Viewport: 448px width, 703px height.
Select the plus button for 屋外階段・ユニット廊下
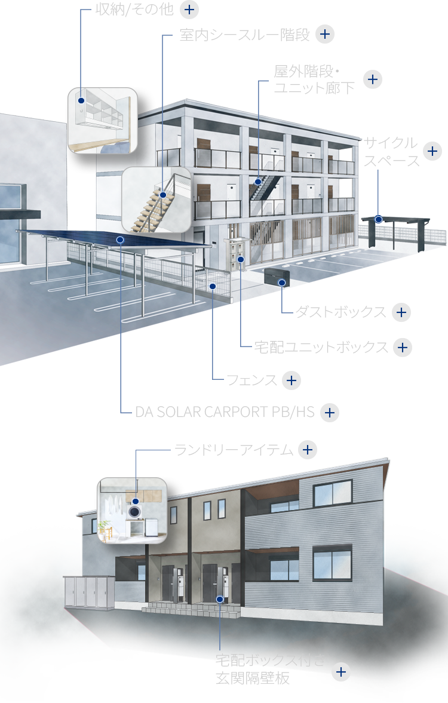372,79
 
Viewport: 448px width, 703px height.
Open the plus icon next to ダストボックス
401,312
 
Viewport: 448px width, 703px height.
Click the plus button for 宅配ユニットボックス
403,347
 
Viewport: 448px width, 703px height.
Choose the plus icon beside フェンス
291,380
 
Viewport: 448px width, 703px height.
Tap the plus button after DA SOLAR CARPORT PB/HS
330,413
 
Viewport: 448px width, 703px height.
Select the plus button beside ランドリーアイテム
307,450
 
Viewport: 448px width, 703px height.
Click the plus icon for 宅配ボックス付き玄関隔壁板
341,672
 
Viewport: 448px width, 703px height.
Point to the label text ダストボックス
341,312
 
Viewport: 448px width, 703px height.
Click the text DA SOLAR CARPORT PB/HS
225,413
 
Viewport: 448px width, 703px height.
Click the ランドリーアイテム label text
234,450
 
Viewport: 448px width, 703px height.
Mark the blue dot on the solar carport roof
121,240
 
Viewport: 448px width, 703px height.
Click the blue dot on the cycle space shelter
379,219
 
